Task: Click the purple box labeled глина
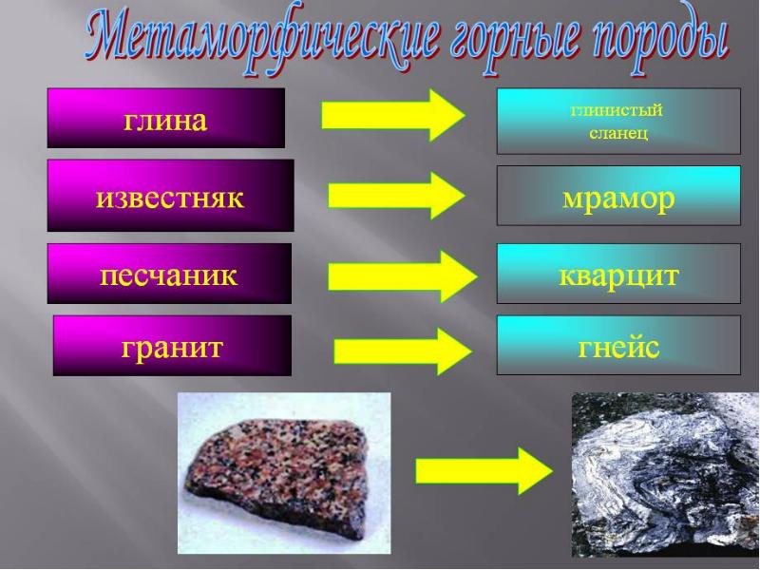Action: [165, 118]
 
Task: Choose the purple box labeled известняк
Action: [171, 196]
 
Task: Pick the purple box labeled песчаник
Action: [169, 274]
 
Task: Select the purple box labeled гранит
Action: [172, 346]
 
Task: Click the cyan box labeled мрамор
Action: [619, 196]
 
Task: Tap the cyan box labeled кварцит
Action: [619, 274]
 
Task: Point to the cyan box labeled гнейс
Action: [619, 345]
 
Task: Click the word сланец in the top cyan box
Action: [618, 133]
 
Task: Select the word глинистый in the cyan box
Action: [617, 110]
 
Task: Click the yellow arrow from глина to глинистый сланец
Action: [393, 115]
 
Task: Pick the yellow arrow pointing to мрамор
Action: [396, 196]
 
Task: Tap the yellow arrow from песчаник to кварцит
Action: [402, 276]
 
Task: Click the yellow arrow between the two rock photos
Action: [484, 470]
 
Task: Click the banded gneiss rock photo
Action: [665, 475]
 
